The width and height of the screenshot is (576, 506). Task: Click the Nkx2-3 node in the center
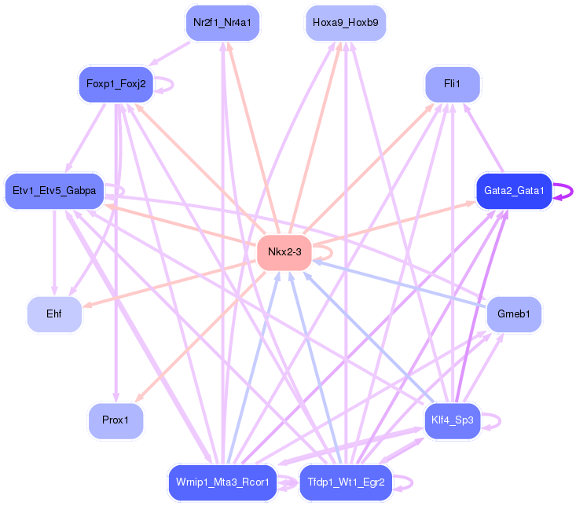(284, 252)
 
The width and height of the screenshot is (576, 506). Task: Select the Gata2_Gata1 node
(514, 191)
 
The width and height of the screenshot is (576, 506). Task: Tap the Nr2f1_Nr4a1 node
(222, 22)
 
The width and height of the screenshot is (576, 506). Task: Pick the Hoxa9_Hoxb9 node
(345, 22)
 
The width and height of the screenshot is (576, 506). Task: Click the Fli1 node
(452, 84)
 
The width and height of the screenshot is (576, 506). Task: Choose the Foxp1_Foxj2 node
(116, 84)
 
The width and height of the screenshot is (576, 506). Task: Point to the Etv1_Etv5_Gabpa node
(54, 191)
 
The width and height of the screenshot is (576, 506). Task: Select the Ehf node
(54, 314)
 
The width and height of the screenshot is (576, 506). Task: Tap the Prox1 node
(116, 420)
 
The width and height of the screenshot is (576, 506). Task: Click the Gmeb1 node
(514, 314)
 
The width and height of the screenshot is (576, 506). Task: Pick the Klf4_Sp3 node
(452, 420)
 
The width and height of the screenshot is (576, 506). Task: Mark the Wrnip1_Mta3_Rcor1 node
(222, 482)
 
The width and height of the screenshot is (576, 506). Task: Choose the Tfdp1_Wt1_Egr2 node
(345, 482)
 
